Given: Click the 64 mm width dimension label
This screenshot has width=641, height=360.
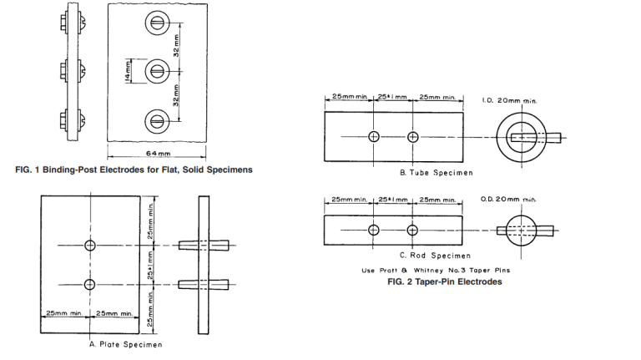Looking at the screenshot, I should (x=159, y=155).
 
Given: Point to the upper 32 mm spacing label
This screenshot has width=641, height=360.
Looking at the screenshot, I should (x=188, y=46).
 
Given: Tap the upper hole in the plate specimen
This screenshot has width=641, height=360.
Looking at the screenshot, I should (x=89, y=244).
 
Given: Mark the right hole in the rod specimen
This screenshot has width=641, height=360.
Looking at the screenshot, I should (x=411, y=230).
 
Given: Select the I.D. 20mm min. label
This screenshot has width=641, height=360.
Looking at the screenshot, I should (x=512, y=100).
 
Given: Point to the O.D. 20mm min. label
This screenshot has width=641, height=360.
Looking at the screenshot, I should (x=509, y=199).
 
